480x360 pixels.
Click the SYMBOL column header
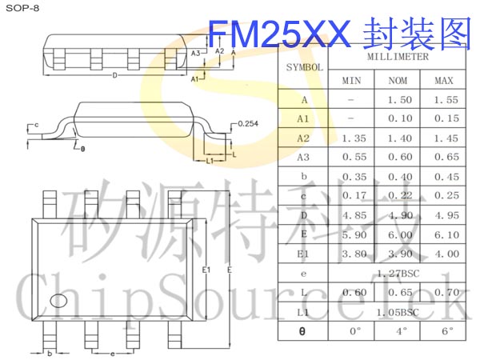[304, 67]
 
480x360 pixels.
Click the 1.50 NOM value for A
[398, 100]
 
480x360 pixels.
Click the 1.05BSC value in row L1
[398, 311]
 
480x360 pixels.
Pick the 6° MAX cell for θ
[445, 330]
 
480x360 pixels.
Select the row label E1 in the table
[304, 254]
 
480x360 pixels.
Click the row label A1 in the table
[304, 119]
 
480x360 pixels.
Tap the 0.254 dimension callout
[249, 123]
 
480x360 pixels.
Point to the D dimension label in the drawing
[115, 76]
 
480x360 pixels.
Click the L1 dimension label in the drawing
[209, 161]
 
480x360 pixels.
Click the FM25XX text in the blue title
[279, 34]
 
